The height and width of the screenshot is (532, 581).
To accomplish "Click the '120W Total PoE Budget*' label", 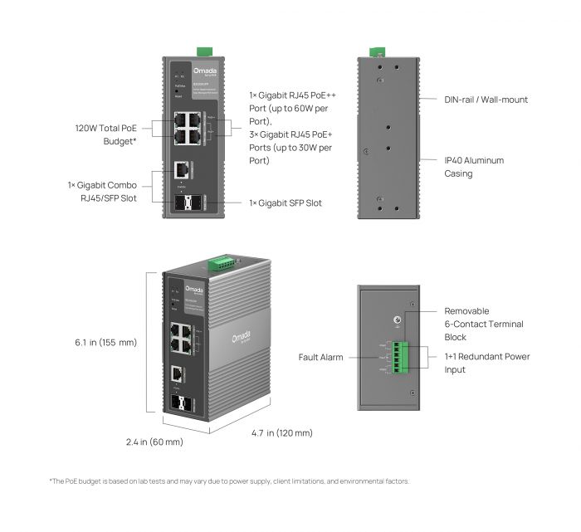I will point(105,134).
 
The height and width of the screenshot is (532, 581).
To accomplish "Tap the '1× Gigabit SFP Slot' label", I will point(286,203).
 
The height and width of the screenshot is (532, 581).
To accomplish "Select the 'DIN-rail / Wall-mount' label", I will point(486,100).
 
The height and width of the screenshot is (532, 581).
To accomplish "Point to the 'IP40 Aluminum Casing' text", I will point(474,167).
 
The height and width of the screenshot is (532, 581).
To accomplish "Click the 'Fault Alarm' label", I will point(320,358).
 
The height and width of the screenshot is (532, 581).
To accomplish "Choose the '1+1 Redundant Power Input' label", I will point(486,363).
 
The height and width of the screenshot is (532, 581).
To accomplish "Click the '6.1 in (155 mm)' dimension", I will point(105,342).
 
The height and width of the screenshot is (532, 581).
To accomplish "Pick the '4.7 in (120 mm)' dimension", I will point(282,433).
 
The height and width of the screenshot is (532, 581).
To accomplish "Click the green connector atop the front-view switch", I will point(200,51).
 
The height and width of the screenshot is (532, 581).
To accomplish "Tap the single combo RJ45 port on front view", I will point(181,170).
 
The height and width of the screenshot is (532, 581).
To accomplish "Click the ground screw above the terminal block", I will point(397,321).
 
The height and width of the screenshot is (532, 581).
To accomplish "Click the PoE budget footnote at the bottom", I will point(229,481).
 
